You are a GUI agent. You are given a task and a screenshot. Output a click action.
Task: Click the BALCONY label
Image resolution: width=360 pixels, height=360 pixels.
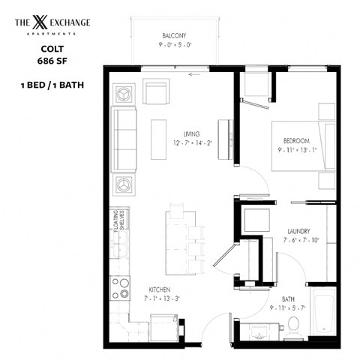point(174,36)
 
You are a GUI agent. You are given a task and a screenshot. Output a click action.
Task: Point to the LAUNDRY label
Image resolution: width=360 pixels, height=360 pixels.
point(298,231)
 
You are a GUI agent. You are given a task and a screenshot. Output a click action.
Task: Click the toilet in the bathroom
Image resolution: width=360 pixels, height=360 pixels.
point(293,325)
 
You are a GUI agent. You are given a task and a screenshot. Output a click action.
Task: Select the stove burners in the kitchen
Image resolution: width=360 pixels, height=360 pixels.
point(121,288)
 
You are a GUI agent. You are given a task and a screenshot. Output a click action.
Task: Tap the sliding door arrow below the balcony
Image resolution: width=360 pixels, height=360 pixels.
point(197,74)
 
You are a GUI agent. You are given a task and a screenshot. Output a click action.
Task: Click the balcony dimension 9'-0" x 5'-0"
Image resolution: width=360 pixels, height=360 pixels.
point(174,45)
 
